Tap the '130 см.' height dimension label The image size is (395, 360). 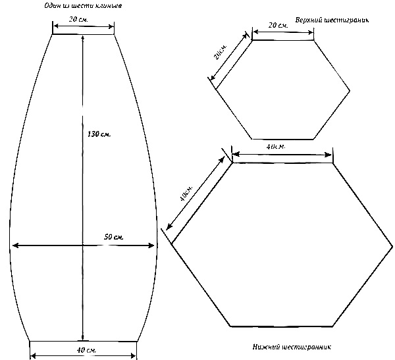[99, 134]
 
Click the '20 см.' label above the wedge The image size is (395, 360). [83, 20]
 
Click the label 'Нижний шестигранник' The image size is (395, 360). [291, 347]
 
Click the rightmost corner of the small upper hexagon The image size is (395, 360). [350, 90]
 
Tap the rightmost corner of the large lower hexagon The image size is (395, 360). [393, 244]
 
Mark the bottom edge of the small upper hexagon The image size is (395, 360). [284, 139]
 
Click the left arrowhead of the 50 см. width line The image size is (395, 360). [14, 245]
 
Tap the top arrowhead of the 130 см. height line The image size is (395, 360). [83, 39]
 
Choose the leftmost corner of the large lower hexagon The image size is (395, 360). [172, 244]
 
